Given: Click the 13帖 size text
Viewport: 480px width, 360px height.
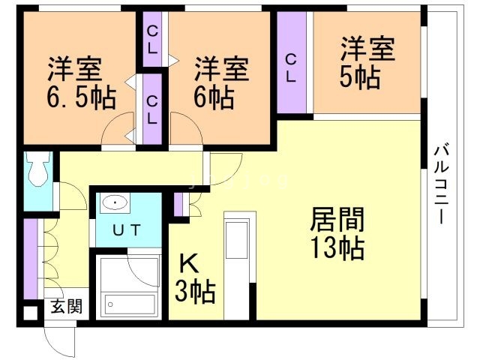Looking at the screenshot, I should [x=338, y=247].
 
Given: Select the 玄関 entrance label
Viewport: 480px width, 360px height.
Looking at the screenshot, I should [x=64, y=306].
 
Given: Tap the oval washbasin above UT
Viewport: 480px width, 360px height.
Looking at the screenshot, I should [x=115, y=203].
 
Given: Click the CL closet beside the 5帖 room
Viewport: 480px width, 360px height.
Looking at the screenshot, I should [x=291, y=67].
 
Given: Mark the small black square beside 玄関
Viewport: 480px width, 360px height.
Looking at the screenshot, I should [x=29, y=313].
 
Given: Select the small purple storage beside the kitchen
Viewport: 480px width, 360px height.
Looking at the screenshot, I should [x=179, y=205].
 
